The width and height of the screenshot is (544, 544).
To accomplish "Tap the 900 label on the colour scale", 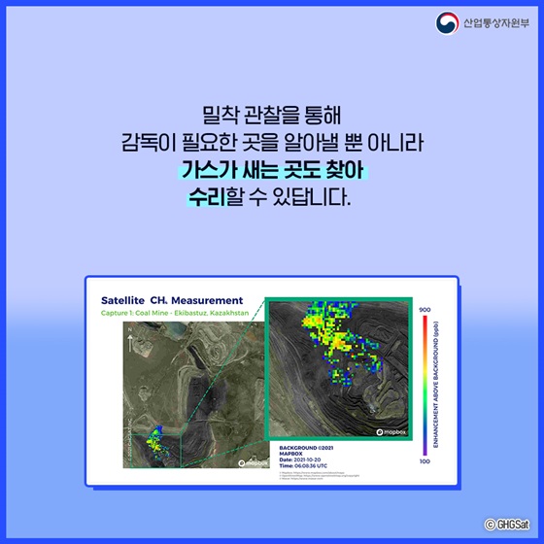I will coord(425,310).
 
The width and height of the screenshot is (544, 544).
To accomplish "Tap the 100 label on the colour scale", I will coord(425,461).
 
